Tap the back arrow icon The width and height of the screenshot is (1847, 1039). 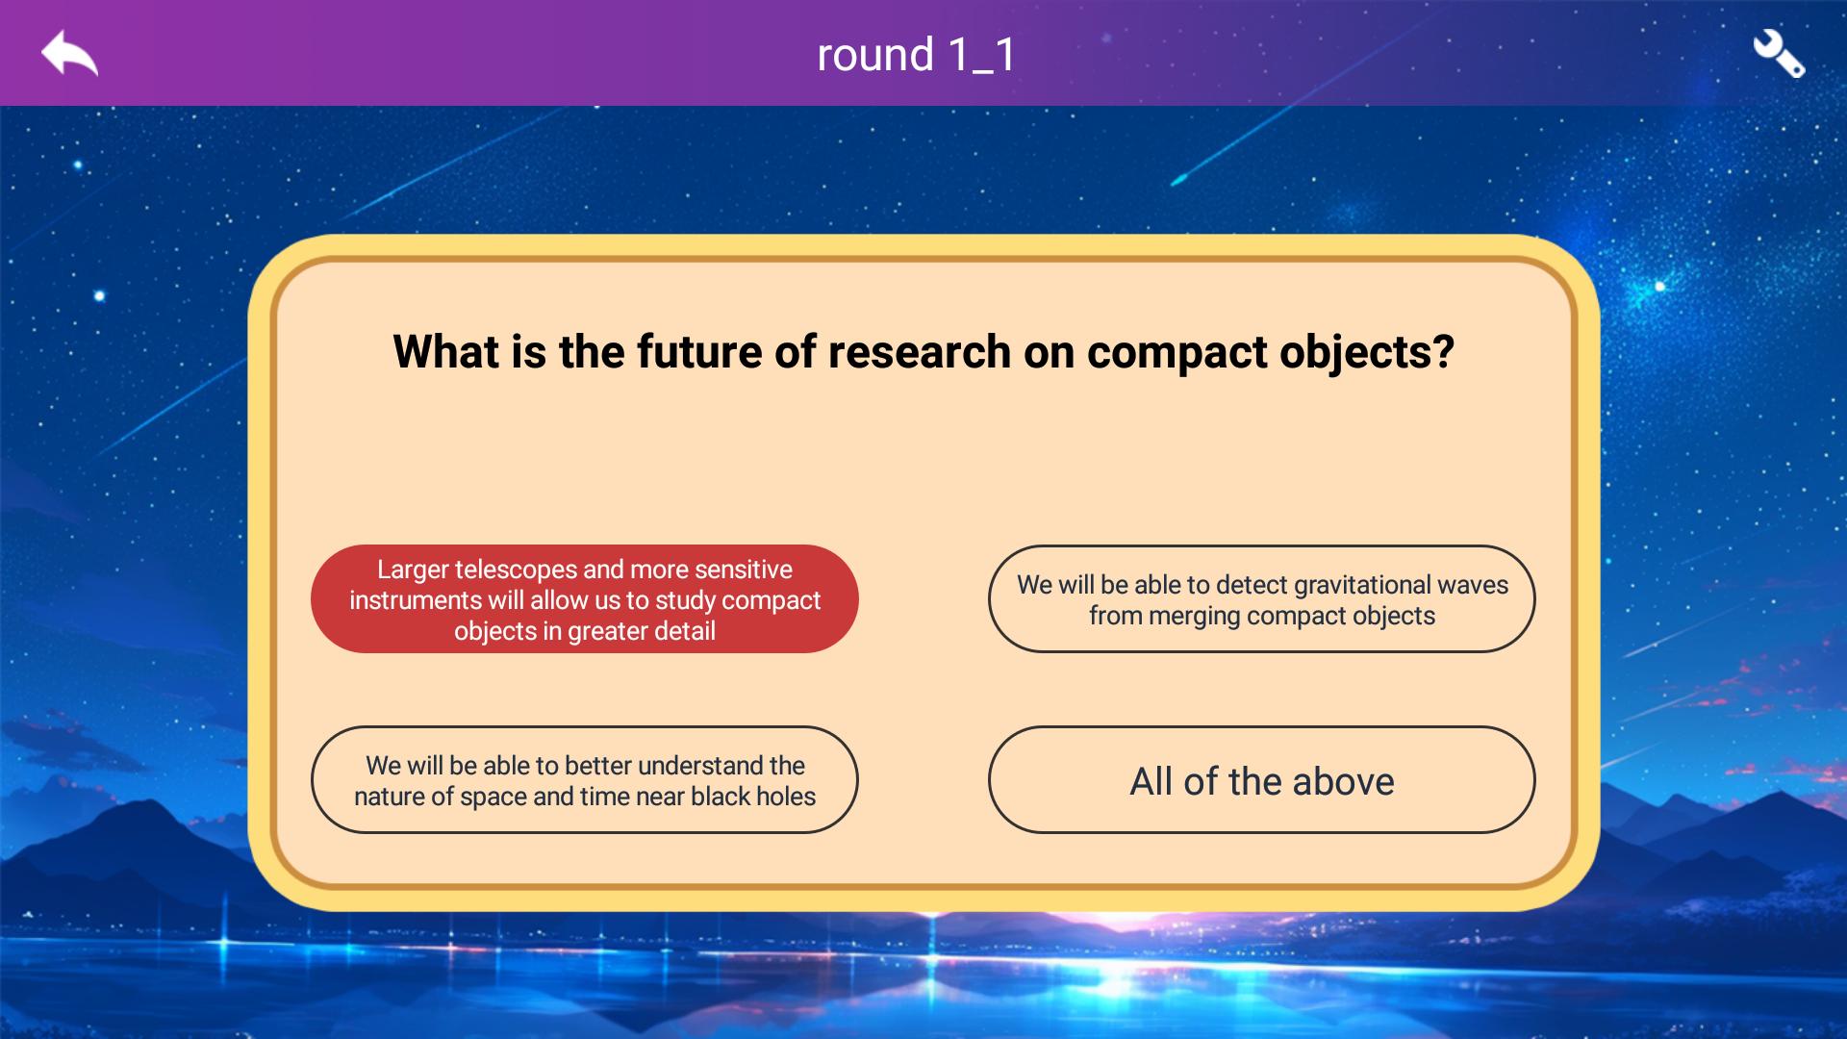pyautogui.click(x=69, y=53)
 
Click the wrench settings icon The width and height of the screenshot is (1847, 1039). pyautogui.click(x=1779, y=54)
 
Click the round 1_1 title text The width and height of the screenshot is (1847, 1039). pyautogui.click(x=916, y=54)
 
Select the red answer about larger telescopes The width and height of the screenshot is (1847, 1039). pyautogui.click(x=585, y=599)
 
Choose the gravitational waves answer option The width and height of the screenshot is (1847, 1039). pyautogui.click(x=1262, y=599)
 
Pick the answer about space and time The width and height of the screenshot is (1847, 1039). pyautogui.click(x=585, y=780)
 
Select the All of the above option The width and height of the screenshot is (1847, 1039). pyautogui.click(x=1262, y=780)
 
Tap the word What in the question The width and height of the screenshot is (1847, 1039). pyautogui.click(x=445, y=352)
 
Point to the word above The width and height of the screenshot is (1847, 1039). pyautogui.click(x=1343, y=782)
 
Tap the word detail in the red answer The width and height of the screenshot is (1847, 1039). pyautogui.click(x=682, y=631)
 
